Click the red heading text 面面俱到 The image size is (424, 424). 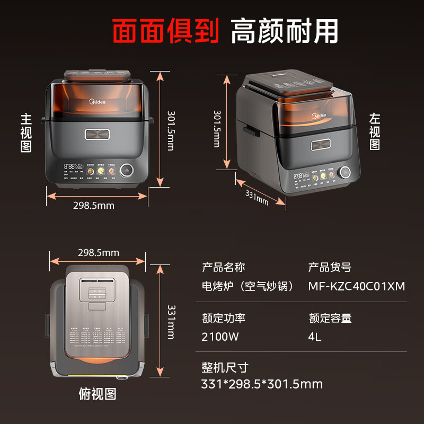point(165,30)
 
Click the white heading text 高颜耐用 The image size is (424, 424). point(285,30)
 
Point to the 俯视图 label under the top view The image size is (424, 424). point(97,393)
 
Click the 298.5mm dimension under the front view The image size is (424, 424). point(94,205)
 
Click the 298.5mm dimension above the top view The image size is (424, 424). point(99,253)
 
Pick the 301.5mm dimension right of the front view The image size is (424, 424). point(171,130)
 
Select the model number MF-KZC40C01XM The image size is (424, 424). point(357,287)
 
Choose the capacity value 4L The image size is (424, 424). point(315,337)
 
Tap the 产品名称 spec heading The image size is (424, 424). point(224,267)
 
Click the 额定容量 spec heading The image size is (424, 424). point(330,318)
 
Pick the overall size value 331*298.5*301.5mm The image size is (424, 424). point(262,384)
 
